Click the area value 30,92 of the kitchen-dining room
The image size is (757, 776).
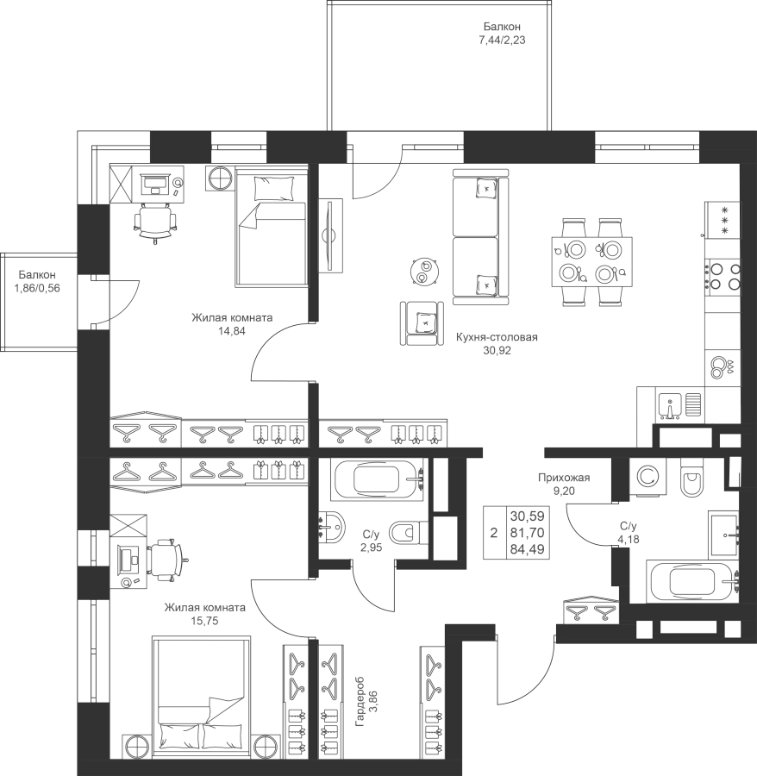(x=497, y=351)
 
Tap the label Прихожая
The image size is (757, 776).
(x=564, y=478)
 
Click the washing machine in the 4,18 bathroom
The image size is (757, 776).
(x=648, y=477)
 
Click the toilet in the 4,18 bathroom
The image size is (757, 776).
(x=691, y=478)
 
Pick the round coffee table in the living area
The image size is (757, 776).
(x=424, y=272)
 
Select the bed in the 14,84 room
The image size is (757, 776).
(x=271, y=227)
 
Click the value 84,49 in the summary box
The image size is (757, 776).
(x=528, y=549)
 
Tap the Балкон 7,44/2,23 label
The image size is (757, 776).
(x=502, y=33)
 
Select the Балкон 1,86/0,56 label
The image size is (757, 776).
(x=37, y=281)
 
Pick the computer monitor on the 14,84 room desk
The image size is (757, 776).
(x=155, y=184)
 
